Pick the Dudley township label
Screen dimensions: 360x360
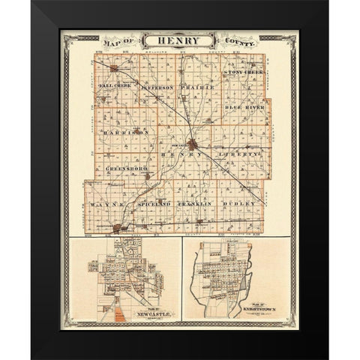pos(242,203)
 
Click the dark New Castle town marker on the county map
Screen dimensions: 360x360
pos(193,143)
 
